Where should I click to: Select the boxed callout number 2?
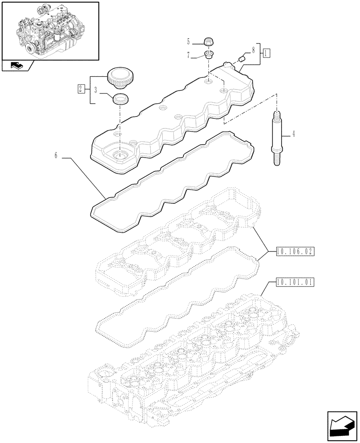coord(81,89)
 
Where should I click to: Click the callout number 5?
coord(188,42)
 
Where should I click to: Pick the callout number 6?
coord(56,155)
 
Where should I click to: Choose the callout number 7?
coord(188,56)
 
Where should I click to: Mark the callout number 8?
coord(253,51)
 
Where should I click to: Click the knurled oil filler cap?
coord(117,77)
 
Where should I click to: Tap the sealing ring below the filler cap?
coord(119,99)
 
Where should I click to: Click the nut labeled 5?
coord(207,43)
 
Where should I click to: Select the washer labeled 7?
coord(207,55)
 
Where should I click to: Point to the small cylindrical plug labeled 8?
coord(243,58)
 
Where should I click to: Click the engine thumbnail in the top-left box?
coord(49,30)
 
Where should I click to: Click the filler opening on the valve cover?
coord(120,155)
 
